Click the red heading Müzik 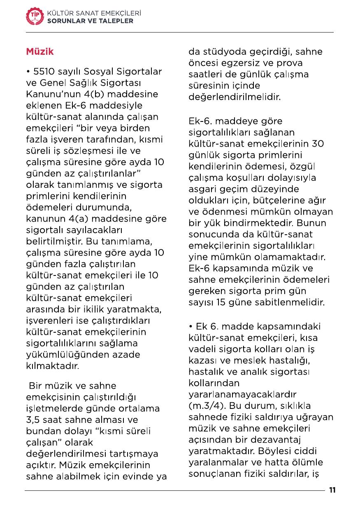pos(40,52)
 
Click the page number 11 pos(332,490)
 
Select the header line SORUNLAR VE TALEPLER pos(90,21)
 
